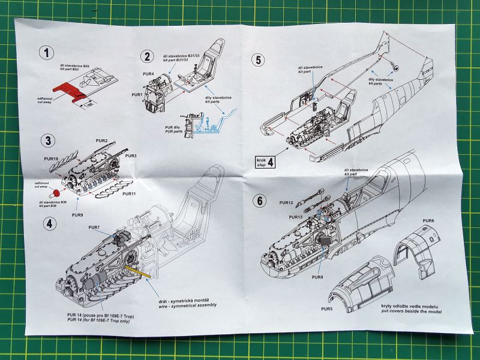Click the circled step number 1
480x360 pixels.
tap(46, 52)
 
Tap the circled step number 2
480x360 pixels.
tap(146, 57)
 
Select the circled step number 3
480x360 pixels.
tap(47, 142)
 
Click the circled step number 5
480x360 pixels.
tap(258, 60)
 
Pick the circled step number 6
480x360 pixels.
tap(260, 201)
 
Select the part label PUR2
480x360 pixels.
tap(101, 140)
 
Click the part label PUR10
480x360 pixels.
tap(50, 159)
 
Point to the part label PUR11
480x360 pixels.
tap(130, 194)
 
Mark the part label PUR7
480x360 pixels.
tap(94, 227)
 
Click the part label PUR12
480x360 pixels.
tap(286, 203)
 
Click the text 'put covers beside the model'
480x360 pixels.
tap(406, 311)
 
